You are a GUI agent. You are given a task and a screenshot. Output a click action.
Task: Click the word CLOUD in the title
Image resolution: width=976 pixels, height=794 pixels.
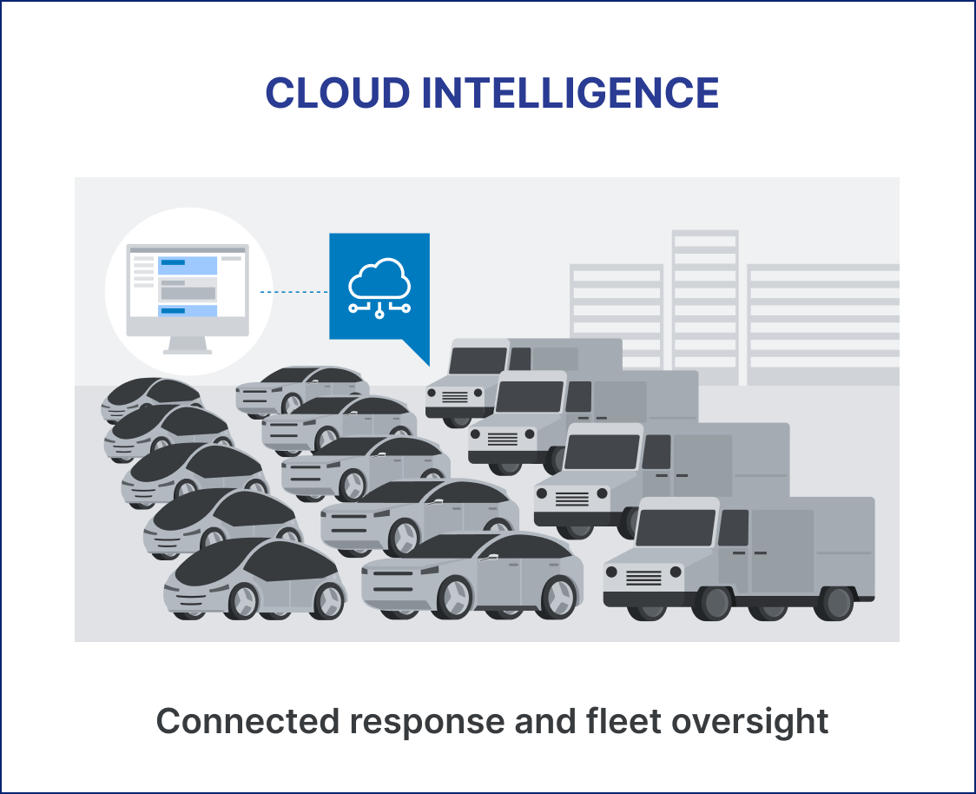coord(338,93)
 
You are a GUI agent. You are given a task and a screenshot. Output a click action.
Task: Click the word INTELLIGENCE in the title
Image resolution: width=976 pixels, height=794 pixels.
coord(570,93)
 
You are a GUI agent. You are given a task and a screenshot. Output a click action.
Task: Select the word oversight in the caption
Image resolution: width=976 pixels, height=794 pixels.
coord(749,723)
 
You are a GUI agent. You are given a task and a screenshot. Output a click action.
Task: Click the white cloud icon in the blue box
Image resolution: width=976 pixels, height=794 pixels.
coord(379,288)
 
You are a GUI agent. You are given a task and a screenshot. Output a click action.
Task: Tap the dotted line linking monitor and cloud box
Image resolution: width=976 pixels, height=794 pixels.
coord(293,291)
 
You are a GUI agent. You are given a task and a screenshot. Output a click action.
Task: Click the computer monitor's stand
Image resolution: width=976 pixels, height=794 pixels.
coord(188,345)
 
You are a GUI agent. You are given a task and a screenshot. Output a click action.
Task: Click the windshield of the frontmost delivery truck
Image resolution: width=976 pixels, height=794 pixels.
coord(676,526)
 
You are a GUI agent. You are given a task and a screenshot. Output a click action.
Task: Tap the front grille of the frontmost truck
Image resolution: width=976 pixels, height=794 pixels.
coord(643,578)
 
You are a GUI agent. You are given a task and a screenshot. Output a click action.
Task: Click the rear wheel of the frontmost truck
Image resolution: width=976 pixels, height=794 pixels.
coord(834,602)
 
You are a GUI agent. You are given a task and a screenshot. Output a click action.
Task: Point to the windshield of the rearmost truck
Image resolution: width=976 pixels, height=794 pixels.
coord(478,361)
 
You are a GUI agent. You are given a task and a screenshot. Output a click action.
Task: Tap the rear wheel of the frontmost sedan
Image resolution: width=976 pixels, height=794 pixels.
coord(557,597)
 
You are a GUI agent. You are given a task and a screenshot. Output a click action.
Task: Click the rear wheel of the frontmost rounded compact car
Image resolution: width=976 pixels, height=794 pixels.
coord(328,601)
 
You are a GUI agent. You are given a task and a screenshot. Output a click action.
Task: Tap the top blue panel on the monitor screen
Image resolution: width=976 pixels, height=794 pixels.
coord(188,265)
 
